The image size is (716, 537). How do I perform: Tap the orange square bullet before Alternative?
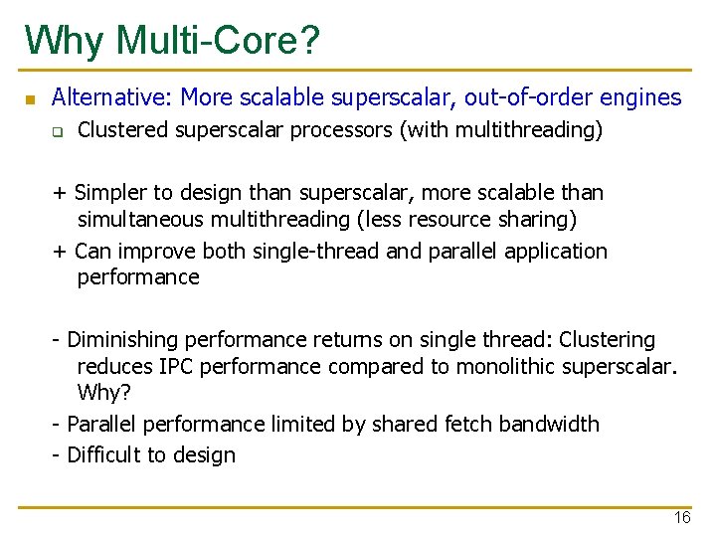(x=30, y=99)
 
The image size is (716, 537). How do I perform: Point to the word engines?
(x=642, y=97)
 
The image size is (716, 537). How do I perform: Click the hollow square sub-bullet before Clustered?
(x=58, y=131)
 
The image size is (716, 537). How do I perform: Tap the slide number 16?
(x=681, y=518)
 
